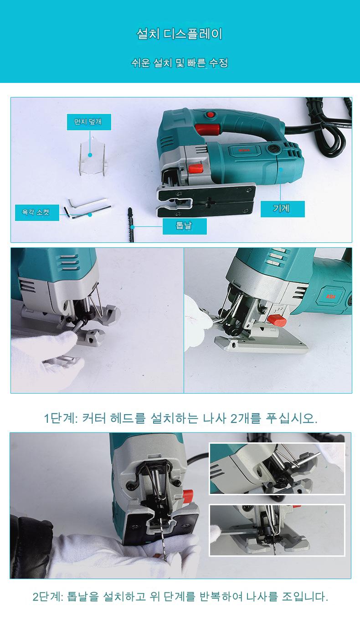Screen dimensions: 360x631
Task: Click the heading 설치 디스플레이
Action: [180, 34]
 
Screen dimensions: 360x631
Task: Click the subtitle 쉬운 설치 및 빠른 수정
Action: [180, 62]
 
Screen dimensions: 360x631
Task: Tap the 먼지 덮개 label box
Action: [89, 122]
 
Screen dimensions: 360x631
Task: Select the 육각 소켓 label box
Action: [37, 212]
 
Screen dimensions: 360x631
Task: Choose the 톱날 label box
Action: [185, 226]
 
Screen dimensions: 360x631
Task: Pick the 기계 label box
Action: [283, 209]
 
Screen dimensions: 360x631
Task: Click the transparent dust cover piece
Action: [93, 156]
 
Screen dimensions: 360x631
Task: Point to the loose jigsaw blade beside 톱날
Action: [131, 225]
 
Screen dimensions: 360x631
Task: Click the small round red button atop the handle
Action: [210, 115]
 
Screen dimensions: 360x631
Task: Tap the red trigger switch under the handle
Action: [207, 129]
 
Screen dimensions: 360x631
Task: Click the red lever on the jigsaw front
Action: [196, 169]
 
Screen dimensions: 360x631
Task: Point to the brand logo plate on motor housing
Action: [244, 150]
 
